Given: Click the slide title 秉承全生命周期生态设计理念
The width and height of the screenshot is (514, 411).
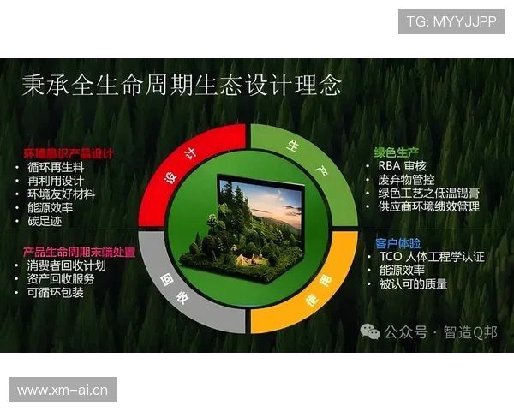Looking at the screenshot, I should (181, 86).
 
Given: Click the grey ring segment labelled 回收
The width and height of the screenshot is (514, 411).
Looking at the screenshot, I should (184, 291).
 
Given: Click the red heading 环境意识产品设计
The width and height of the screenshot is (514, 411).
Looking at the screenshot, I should (68, 154).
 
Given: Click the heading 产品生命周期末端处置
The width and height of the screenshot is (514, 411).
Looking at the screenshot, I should (79, 252).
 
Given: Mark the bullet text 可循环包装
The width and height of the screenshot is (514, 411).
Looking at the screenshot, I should (57, 293).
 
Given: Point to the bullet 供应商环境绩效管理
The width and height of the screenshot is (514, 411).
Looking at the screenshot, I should (428, 206).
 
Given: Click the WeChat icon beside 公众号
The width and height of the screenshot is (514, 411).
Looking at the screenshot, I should (370, 331).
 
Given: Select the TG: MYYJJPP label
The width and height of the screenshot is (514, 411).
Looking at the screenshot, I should (451, 21).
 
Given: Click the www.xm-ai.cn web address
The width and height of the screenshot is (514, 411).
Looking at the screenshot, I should (62, 390).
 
